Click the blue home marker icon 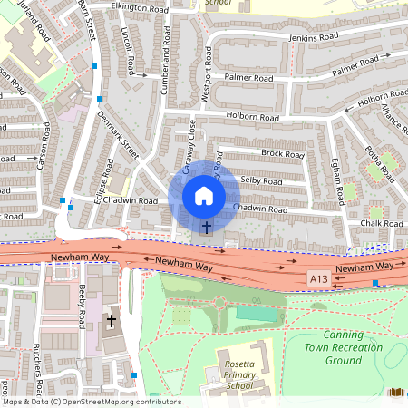204,196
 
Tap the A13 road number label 318,277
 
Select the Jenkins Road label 313,37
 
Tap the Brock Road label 282,154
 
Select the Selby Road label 262,182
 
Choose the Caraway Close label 190,147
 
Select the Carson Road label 41,150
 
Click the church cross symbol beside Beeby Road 112,320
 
